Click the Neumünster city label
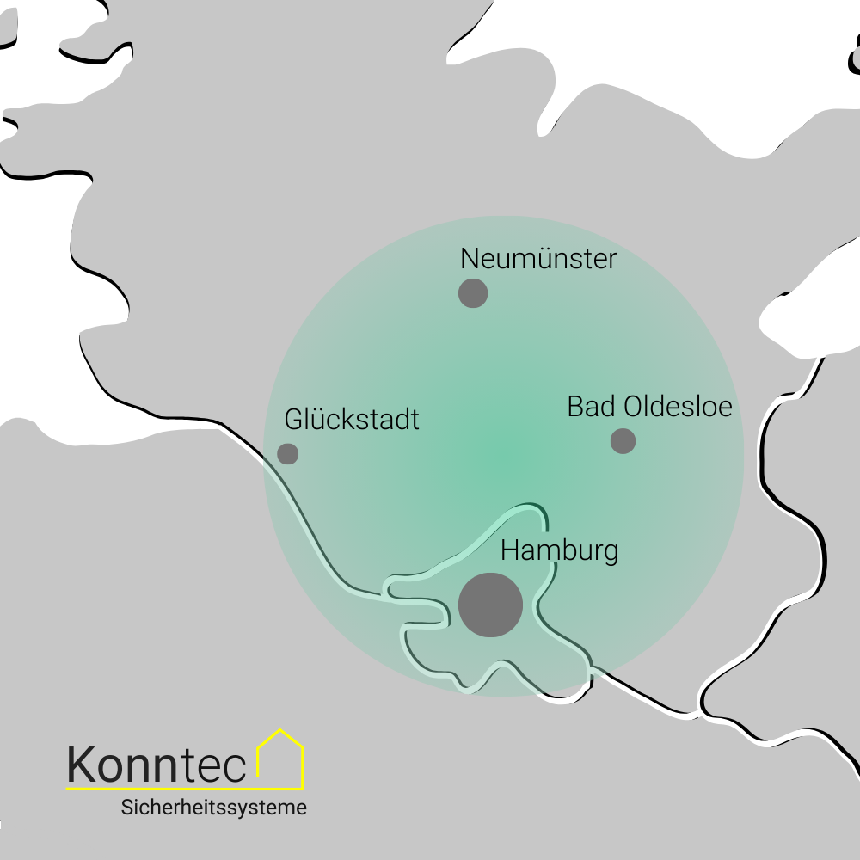point(538,258)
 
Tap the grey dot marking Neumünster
point(473,293)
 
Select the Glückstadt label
point(352,420)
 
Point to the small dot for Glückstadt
point(288,453)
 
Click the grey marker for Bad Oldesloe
point(623,440)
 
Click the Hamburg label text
point(559,550)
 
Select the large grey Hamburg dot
point(490,605)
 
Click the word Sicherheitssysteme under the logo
point(214,808)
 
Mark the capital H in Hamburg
point(511,550)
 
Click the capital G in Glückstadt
point(295,420)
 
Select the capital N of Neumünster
point(470,258)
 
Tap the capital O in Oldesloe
point(635,406)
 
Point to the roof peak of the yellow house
point(280,730)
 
